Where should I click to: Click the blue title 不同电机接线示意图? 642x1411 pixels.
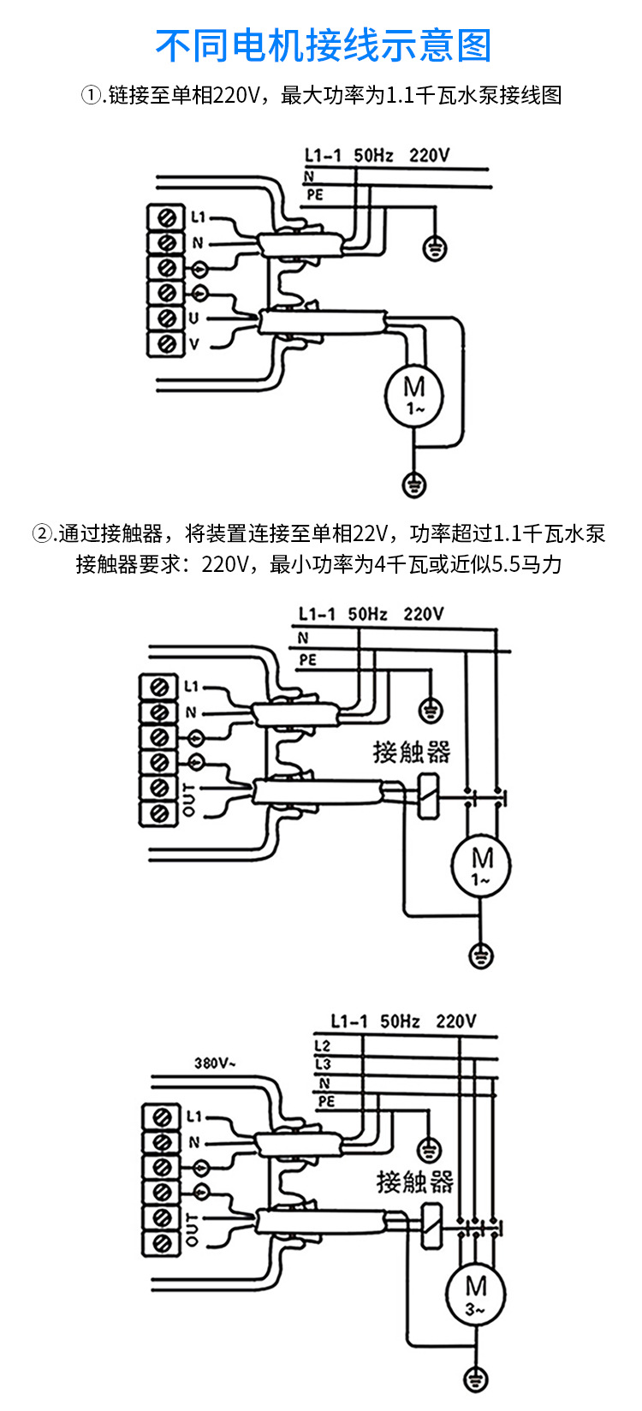click(x=324, y=45)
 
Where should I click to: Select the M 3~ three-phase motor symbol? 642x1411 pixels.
click(x=476, y=1294)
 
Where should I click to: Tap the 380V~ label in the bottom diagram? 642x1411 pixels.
click(x=215, y=1063)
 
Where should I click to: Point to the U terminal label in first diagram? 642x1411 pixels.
click(x=194, y=319)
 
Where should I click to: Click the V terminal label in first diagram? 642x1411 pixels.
click(x=194, y=344)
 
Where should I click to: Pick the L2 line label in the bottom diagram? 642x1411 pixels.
click(x=323, y=1046)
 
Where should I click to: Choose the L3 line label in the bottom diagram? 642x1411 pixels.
click(x=323, y=1064)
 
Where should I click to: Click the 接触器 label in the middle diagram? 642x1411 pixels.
click(x=411, y=752)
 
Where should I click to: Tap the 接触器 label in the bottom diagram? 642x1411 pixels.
click(x=414, y=1182)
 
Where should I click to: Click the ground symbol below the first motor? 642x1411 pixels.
click(x=414, y=485)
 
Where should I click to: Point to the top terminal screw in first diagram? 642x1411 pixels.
click(x=168, y=217)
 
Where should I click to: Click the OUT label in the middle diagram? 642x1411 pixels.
click(x=189, y=799)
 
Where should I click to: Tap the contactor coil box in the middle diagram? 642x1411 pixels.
click(x=426, y=797)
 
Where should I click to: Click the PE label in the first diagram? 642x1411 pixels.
click(x=315, y=195)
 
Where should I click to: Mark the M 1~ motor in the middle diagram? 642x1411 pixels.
click(x=481, y=866)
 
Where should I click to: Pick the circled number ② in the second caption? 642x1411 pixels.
click(x=43, y=534)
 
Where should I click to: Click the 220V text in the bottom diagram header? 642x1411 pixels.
click(x=455, y=1021)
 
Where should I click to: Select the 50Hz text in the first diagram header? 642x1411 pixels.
click(x=373, y=155)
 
